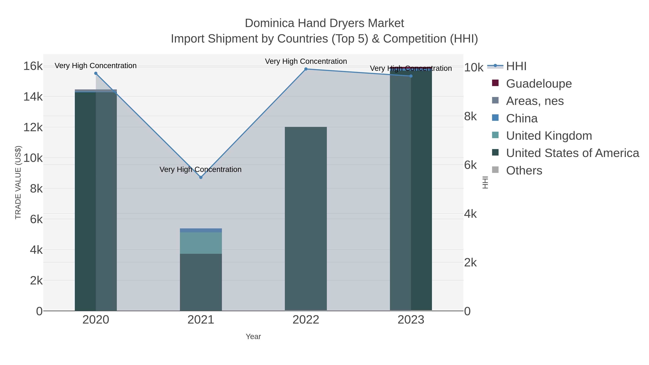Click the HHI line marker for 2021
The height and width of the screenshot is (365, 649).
[201, 177]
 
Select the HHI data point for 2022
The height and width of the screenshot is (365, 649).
[306, 69]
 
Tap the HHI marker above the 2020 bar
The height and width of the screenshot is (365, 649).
[96, 73]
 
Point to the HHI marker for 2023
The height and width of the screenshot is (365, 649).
[411, 76]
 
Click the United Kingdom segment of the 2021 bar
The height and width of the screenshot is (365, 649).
[201, 243]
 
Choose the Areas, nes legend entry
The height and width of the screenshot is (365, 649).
[535, 101]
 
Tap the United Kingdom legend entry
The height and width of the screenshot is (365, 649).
[549, 136]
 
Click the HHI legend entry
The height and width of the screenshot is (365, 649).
[516, 66]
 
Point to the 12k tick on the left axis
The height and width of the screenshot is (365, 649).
[33, 127]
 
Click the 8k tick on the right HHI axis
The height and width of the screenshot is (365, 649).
[470, 116]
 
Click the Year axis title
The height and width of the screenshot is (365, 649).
[253, 337]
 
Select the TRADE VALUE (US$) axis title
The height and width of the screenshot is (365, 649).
[18, 182]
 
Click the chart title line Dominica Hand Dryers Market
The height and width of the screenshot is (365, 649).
[324, 23]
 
